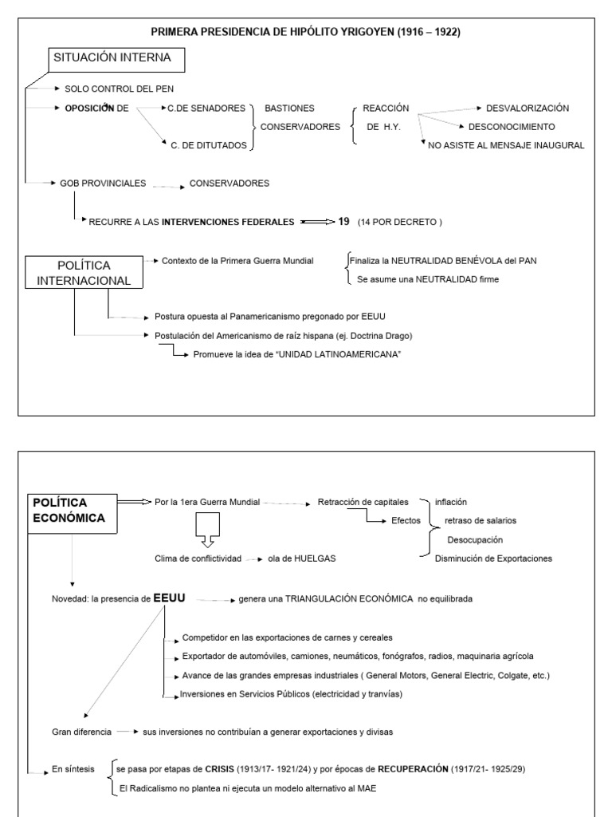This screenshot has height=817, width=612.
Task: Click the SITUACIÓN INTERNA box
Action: click(x=108, y=58)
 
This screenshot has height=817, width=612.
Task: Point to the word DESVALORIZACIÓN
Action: click(x=528, y=108)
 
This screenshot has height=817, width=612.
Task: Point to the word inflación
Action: click(x=451, y=502)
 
